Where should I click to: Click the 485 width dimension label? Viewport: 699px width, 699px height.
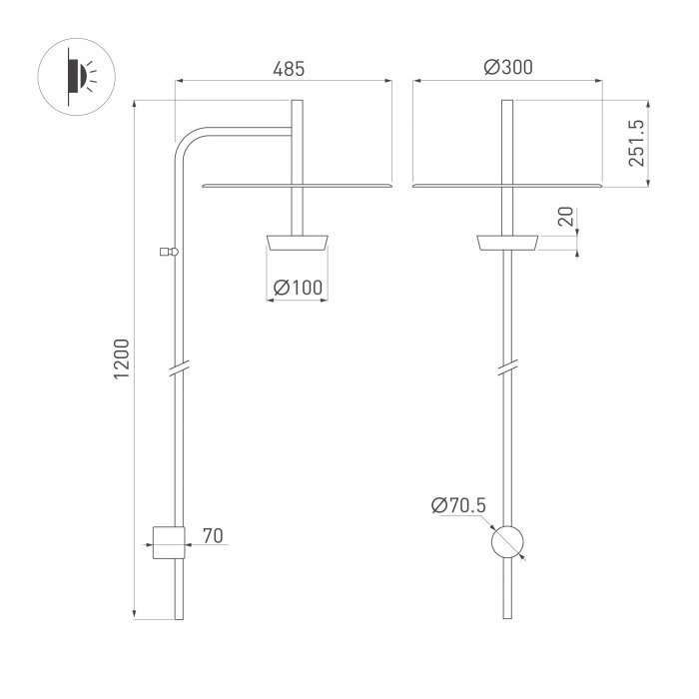pyautogui.click(x=289, y=69)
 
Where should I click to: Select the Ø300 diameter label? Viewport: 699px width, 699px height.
pyautogui.click(x=508, y=67)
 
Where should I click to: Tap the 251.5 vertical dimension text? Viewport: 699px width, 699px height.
pyautogui.click(x=637, y=143)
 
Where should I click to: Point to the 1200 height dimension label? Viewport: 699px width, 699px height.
pyautogui.click(x=121, y=358)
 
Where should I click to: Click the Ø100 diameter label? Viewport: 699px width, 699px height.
pyautogui.click(x=298, y=288)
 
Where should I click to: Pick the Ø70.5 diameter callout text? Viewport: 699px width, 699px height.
pyautogui.click(x=458, y=505)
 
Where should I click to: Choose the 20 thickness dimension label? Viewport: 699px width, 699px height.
pyautogui.click(x=566, y=217)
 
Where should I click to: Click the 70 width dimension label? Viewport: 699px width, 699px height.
pyautogui.click(x=213, y=536)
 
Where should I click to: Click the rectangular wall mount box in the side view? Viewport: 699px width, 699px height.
pyautogui.click(x=169, y=542)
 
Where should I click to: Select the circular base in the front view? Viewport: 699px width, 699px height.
pyautogui.click(x=507, y=541)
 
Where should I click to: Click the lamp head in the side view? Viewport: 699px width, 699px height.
pyautogui.click(x=298, y=243)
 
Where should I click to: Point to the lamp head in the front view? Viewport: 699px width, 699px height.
pyautogui.click(x=507, y=243)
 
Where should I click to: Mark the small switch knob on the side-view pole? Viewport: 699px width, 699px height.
pyautogui.click(x=169, y=252)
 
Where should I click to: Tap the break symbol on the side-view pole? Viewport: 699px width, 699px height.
pyautogui.click(x=179, y=368)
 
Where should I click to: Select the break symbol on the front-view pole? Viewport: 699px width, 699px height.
pyautogui.click(x=507, y=366)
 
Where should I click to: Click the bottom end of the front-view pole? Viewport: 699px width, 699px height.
pyautogui.click(x=507, y=618)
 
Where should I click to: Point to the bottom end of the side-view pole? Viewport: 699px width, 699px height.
pyautogui.click(x=179, y=619)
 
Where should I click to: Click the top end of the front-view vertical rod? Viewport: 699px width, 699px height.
pyautogui.click(x=507, y=100)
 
